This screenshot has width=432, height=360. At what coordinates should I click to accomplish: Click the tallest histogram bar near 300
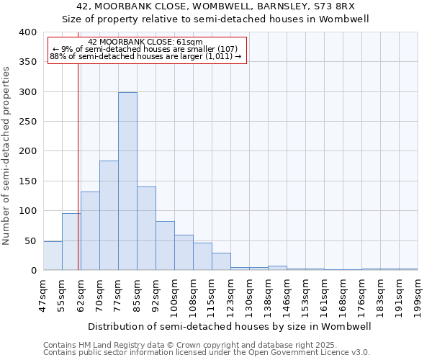click(127, 181)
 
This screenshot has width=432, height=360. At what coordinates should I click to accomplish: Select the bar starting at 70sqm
click(109, 215)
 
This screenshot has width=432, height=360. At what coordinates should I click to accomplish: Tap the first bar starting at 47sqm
click(53, 256)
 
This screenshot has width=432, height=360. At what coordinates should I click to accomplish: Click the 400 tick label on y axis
click(27, 32)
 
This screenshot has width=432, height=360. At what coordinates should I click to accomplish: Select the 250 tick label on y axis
click(27, 122)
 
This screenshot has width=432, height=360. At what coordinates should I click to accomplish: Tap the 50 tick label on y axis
click(30, 240)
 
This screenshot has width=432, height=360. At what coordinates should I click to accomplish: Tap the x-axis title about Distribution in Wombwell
click(230, 326)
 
